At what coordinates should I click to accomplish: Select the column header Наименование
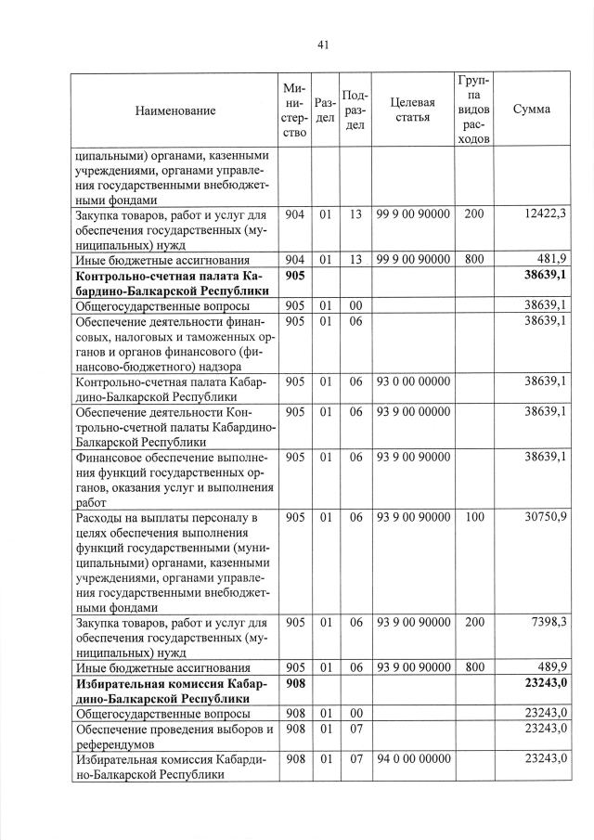pos(175,110)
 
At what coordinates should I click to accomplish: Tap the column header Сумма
pos(531,110)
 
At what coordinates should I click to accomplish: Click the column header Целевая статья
pos(413,110)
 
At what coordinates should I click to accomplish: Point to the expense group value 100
pos(473,516)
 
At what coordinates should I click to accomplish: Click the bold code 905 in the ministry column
pos(295,276)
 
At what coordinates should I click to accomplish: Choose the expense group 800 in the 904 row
pos(473,259)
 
